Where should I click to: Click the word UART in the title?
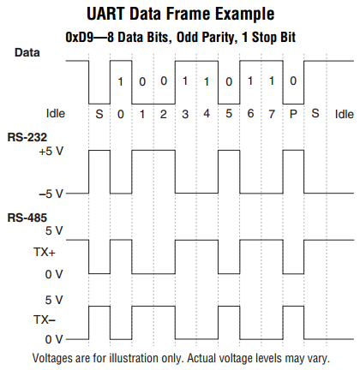click(x=105, y=14)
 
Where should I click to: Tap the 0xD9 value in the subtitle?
click(x=80, y=37)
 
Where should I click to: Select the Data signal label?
click(x=27, y=52)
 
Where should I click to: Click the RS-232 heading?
click(x=27, y=137)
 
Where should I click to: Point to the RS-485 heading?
click(x=27, y=218)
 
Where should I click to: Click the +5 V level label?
click(x=51, y=152)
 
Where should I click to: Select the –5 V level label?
click(x=51, y=194)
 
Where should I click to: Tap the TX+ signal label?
click(x=45, y=252)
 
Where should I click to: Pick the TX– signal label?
click(x=45, y=319)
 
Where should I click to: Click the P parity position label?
click(x=293, y=114)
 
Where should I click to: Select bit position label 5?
click(x=229, y=114)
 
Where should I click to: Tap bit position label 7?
click(x=272, y=114)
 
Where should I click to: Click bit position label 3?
click(x=185, y=114)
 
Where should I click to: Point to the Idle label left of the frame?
click(x=56, y=114)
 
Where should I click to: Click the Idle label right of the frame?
click(x=345, y=115)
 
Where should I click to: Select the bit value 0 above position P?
click(x=293, y=81)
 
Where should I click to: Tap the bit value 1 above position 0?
click(x=121, y=82)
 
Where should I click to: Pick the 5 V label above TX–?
click(x=54, y=300)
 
